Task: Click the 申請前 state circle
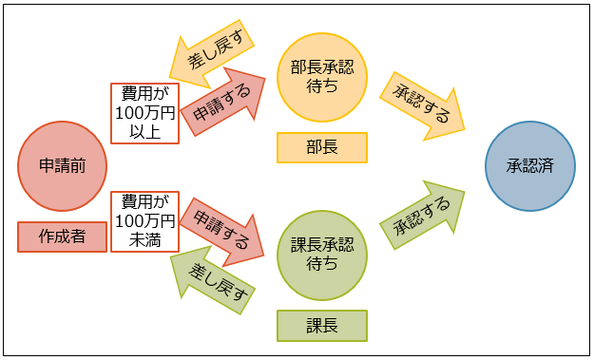64,165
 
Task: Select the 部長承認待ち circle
322,74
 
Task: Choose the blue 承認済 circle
529,165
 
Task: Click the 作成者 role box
64,236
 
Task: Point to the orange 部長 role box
322,147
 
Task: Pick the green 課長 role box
322,326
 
